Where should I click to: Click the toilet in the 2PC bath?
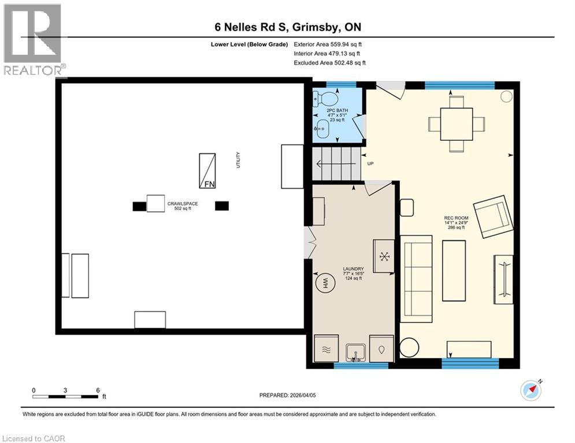(321, 99)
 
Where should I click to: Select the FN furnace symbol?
(207, 171)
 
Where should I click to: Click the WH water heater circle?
(325, 283)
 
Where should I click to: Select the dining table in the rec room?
(457, 124)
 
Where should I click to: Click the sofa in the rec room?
(417, 278)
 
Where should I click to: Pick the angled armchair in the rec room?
(492, 217)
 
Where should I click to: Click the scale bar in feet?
(65, 396)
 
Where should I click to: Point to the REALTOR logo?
(34, 40)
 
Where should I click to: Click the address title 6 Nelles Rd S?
(287, 27)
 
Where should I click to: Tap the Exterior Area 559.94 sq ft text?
(328, 44)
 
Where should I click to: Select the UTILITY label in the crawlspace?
(238, 160)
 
